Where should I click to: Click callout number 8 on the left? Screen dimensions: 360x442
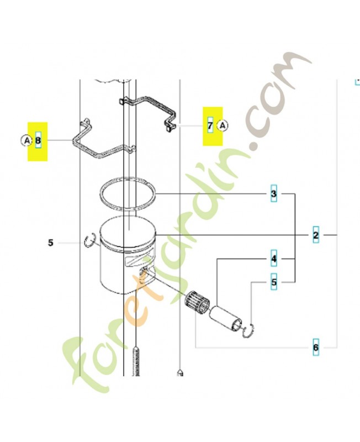pyautogui.click(x=38, y=140)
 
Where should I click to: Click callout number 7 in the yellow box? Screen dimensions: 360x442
pyautogui.click(x=210, y=126)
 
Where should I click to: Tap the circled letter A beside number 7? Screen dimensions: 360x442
pyautogui.click(x=223, y=125)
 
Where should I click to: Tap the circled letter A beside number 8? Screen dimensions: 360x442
pyautogui.click(x=27, y=140)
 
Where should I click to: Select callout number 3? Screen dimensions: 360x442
pyautogui.click(x=273, y=194)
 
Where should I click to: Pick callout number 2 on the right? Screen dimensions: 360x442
pyautogui.click(x=316, y=235)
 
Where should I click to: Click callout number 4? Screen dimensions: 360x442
pyautogui.click(x=274, y=259)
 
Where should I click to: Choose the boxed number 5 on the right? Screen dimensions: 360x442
pyautogui.click(x=274, y=282)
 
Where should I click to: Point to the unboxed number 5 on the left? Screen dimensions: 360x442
pyautogui.click(x=50, y=243)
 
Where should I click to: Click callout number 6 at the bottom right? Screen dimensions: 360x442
pyautogui.click(x=316, y=348)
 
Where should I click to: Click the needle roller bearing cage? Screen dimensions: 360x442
pyautogui.click(x=197, y=303)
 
